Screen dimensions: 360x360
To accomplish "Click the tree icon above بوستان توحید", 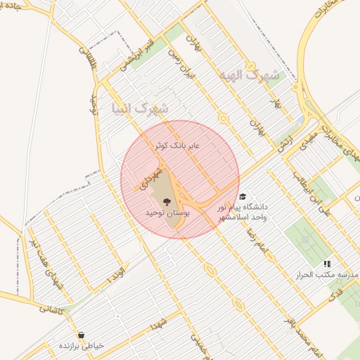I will pos(166,201).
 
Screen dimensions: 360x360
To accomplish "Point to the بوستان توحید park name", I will pos(165,212).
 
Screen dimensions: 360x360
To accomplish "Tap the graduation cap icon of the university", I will pos(243,197).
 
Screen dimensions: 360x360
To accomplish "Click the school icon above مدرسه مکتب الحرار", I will pos(326,263).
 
